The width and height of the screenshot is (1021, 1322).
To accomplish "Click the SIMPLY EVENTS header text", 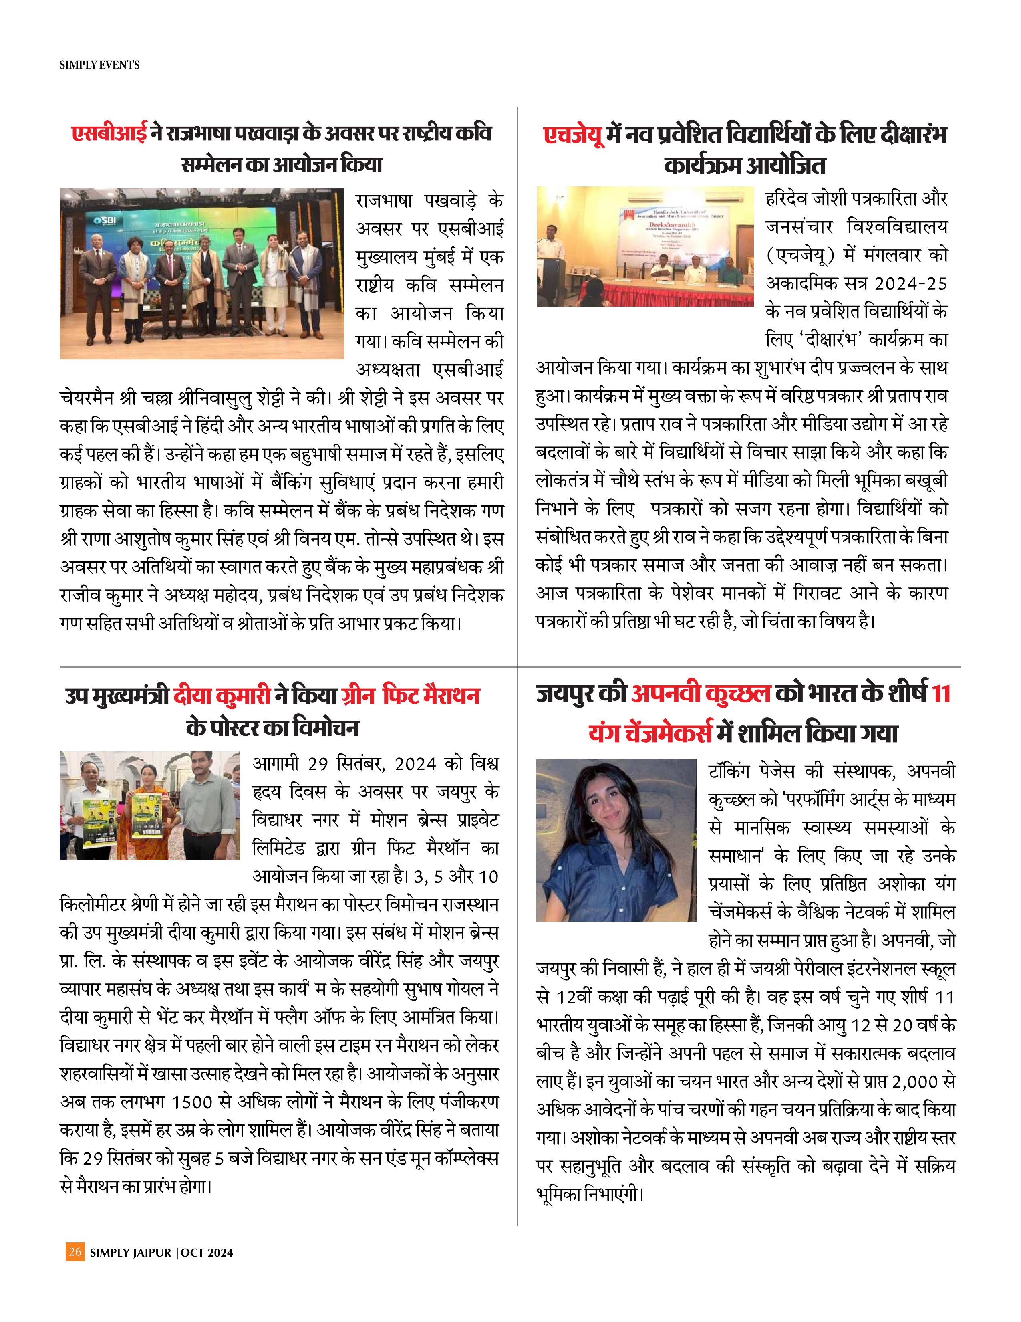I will pos(99,65).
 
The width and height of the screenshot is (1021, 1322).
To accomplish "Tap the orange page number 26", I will pos(75,1252).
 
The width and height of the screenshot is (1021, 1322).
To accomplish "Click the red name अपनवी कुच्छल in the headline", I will pos(701,694).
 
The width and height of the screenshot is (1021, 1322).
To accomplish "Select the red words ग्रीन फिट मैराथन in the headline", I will pos(410,696).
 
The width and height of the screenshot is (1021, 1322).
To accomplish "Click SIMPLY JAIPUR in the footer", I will pos(131,1252).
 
